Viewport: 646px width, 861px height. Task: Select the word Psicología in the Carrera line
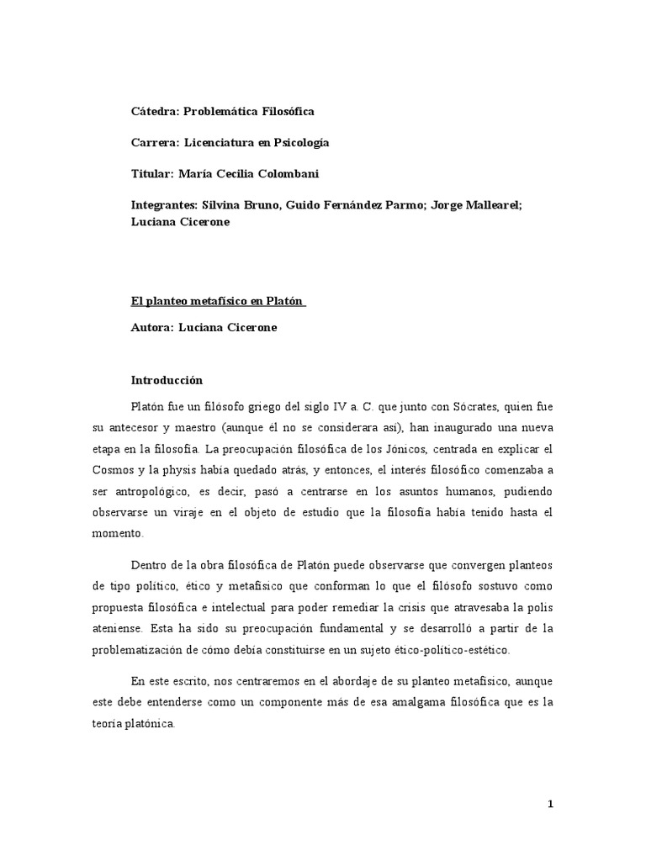[x=299, y=143]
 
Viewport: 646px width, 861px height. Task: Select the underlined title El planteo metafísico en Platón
[x=219, y=301]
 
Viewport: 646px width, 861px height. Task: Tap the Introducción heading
[x=167, y=380]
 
